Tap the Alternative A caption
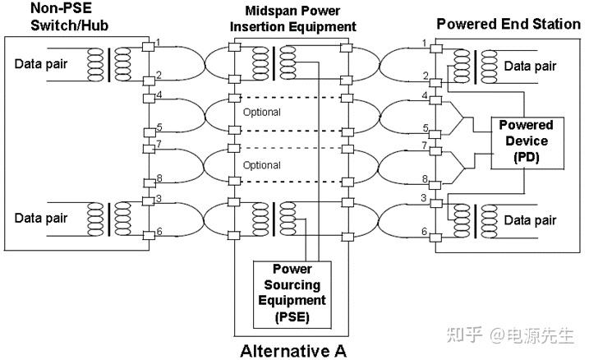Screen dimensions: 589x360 coord(293,351)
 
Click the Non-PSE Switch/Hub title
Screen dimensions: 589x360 coord(69,16)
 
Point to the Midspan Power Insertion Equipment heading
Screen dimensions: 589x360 coord(292,19)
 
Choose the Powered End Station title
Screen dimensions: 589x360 coord(508,24)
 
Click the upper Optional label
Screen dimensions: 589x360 coord(261,112)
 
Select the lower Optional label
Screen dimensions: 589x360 coord(261,165)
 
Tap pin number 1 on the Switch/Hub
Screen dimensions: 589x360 coord(159,42)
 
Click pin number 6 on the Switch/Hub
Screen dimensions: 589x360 coord(159,231)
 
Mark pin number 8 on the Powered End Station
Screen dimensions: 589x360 coord(425,178)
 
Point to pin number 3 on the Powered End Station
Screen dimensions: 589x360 coord(424,197)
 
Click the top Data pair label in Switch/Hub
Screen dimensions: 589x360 coord(40,64)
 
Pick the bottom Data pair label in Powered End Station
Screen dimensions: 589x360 coord(530,220)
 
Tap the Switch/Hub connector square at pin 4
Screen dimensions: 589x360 coord(150,99)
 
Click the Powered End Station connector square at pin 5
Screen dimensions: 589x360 coord(435,134)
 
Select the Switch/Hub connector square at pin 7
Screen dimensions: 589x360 coord(149,149)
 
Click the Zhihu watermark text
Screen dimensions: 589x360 coord(510,335)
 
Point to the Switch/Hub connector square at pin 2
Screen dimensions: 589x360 coord(149,81)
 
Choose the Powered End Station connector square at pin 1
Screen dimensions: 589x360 coord(436,48)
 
